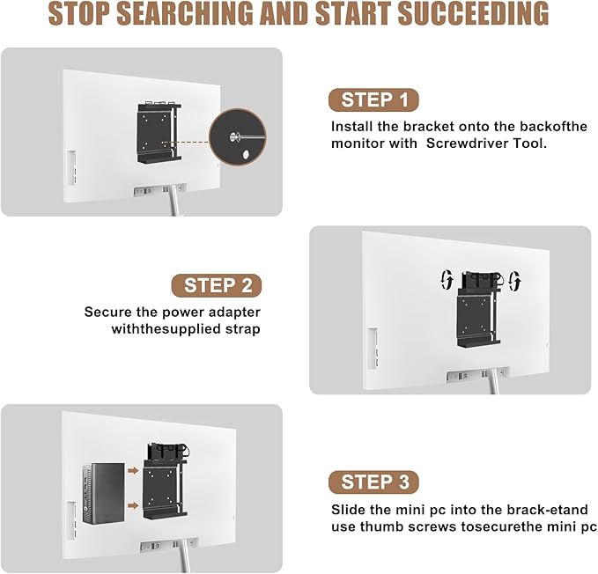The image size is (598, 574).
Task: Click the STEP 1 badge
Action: coord(373,99)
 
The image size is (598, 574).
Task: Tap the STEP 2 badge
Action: coord(217,285)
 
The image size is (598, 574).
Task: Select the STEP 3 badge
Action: coord(373,482)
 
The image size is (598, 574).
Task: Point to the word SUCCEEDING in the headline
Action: coord(473,14)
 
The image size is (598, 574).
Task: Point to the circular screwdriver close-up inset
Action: coord(238,136)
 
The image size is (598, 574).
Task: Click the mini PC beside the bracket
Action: coord(103,494)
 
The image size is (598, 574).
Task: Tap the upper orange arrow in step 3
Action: coord(133,471)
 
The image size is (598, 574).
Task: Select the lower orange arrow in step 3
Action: coord(133,505)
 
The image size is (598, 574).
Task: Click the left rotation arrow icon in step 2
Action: coord(447,280)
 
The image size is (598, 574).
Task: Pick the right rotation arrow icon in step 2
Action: coord(515,281)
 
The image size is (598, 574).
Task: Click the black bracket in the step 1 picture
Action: coord(159,133)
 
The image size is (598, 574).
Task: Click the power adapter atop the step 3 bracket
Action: coord(168,452)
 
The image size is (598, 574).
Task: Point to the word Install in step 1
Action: coord(352,126)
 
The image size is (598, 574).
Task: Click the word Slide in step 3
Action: coord(346,510)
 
